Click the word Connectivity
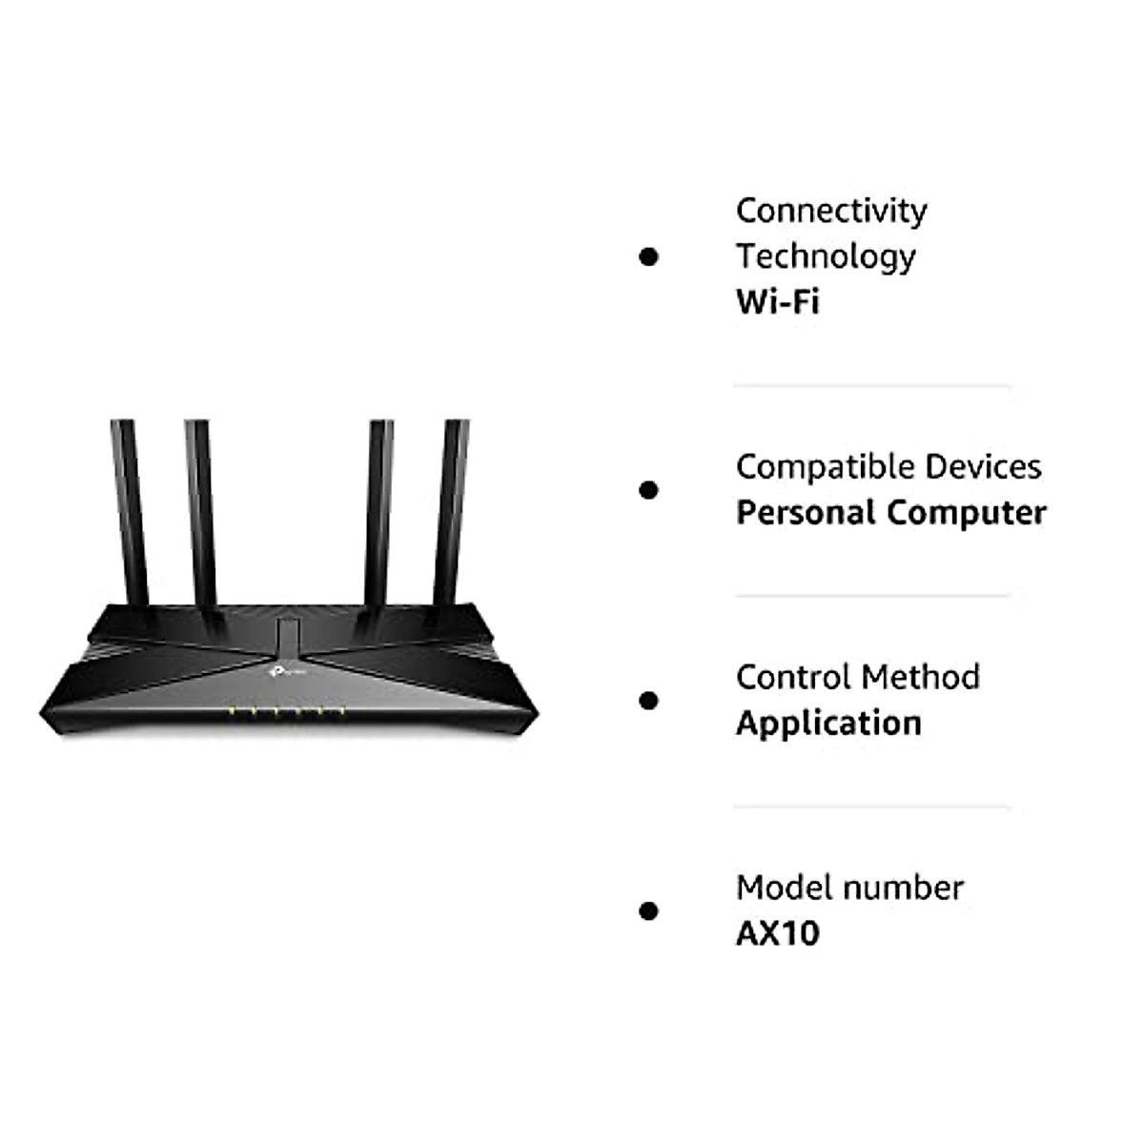coord(830,211)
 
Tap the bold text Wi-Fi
coord(777,302)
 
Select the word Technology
coord(825,256)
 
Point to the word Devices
coord(979,467)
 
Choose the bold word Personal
coord(806,513)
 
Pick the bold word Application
coord(828,724)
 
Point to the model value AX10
coord(777,933)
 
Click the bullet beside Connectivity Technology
coord(649,256)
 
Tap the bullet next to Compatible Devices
coord(649,490)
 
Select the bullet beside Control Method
coord(649,701)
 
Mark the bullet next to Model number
coord(649,910)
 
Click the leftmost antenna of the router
coord(129,515)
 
